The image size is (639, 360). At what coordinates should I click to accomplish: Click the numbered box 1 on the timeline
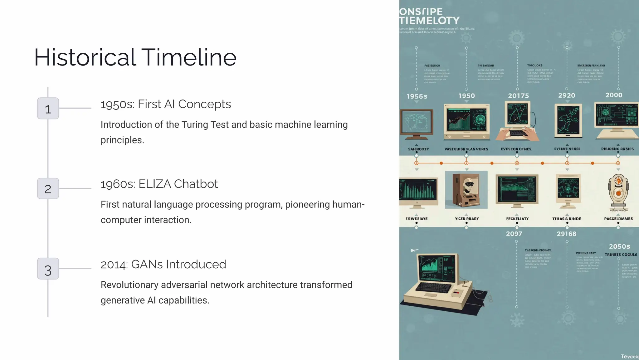click(x=48, y=109)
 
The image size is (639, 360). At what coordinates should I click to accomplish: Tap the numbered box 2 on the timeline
click(x=48, y=189)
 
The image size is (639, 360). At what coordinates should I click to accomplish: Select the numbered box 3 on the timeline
click(x=48, y=269)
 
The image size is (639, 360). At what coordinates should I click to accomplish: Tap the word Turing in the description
click(x=195, y=124)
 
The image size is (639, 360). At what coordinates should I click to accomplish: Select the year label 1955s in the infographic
click(x=417, y=96)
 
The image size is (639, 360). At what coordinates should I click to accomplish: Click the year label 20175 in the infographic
click(x=518, y=96)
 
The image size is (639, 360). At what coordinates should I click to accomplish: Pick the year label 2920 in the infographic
click(x=567, y=95)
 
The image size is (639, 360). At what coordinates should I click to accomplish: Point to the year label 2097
click(x=514, y=234)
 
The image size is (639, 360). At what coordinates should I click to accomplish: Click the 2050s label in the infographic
click(x=619, y=246)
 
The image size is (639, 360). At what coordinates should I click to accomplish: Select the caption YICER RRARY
click(x=467, y=219)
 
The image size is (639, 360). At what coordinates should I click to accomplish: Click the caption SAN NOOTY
click(x=418, y=149)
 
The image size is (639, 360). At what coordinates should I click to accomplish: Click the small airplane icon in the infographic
click(x=414, y=250)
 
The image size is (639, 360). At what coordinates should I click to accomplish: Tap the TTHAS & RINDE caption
click(x=567, y=219)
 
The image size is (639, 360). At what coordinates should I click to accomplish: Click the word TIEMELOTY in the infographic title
click(x=430, y=21)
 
